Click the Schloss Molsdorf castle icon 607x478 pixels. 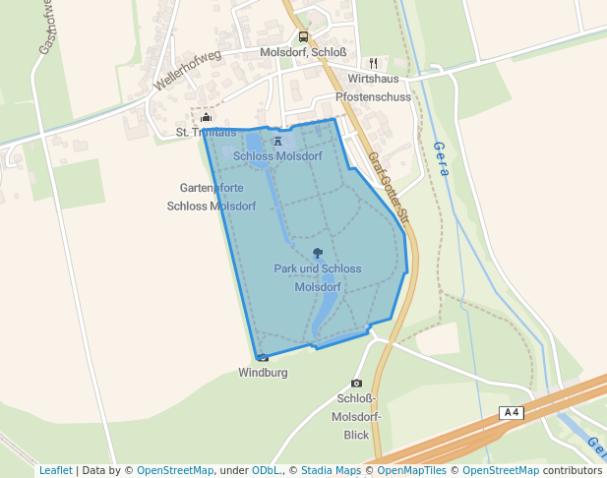276,141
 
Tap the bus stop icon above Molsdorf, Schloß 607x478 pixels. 303,37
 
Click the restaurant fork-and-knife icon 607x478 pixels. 374,62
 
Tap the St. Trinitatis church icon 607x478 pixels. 206,118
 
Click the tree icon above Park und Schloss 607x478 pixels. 317,253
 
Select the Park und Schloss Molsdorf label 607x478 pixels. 317,277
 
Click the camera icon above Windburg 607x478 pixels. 263,358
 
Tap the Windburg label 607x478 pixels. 263,373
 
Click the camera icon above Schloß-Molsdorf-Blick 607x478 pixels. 356,383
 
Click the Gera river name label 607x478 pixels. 441,157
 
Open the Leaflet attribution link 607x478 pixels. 56,470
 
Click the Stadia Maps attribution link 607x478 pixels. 331,470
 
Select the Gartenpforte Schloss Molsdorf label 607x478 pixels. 212,197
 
